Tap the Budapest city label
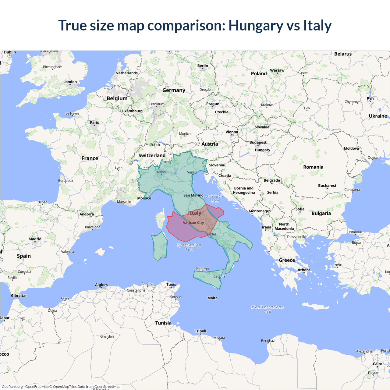(258, 143)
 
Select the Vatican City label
(193, 223)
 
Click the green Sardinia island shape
(160, 246)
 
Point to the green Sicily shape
(209, 278)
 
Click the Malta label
(212, 298)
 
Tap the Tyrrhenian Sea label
(189, 247)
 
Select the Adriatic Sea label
(215, 199)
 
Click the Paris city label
(94, 122)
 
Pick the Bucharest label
(327, 186)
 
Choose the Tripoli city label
(200, 331)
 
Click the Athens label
(304, 270)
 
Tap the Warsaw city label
(277, 70)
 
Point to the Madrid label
(35, 239)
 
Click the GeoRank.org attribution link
(12, 387)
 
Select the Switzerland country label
(152, 155)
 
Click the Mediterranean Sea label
(267, 309)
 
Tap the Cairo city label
(377, 364)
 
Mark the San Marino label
(193, 195)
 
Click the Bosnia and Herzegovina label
(244, 190)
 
